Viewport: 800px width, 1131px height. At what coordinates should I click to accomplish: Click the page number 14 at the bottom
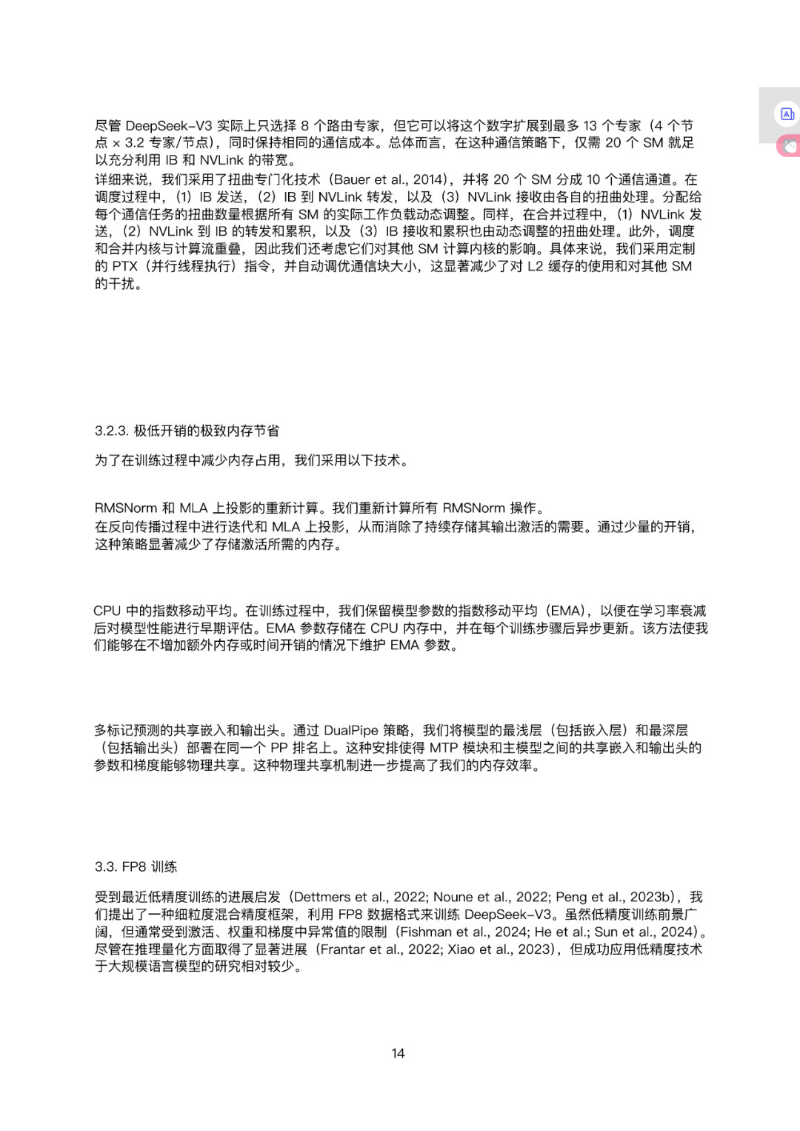tap(398, 1053)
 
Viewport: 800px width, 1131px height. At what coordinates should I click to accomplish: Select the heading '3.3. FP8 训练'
tap(136, 866)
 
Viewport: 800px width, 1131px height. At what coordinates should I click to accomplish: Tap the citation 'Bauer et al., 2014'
tap(390, 179)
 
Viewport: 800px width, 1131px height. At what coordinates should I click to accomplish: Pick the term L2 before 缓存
tap(535, 266)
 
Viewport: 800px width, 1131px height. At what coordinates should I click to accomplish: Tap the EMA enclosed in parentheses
tap(565, 611)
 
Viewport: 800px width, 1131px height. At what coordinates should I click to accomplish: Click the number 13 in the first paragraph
tap(590, 126)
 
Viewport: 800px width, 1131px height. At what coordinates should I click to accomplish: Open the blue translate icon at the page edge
tap(787, 114)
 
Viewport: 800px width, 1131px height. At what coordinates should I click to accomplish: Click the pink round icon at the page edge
tap(790, 147)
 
